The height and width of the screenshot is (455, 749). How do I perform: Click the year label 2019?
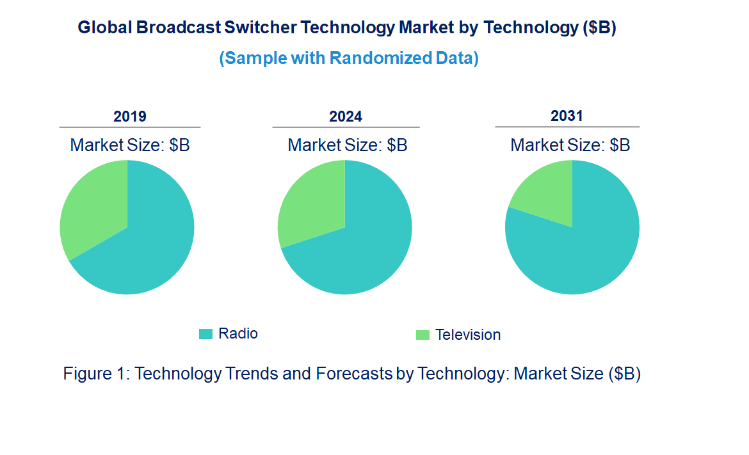(130, 116)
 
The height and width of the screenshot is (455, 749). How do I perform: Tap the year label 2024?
(346, 116)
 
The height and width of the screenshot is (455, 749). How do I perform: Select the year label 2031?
(567, 116)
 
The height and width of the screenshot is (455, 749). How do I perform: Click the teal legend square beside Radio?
(205, 333)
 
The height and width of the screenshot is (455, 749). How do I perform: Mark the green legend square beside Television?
(423, 335)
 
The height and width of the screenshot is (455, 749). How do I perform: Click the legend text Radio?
(238, 333)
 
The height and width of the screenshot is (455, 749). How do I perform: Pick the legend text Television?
(468, 335)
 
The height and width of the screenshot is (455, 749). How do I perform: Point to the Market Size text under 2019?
(130, 145)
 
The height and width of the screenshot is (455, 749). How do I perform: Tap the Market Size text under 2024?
(348, 145)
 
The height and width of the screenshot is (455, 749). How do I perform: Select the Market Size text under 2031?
(570, 145)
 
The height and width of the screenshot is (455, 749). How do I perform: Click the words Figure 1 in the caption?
(95, 374)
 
